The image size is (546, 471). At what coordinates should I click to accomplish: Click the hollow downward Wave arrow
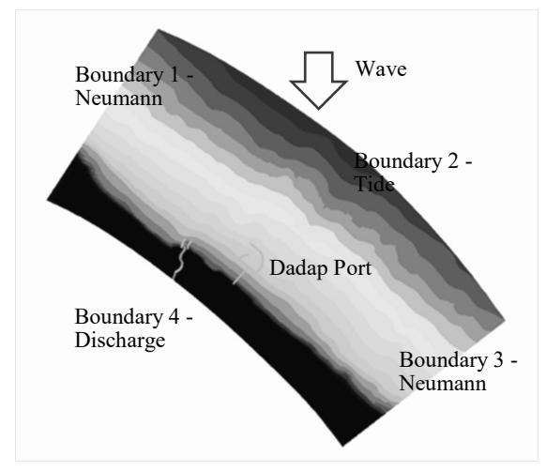click(x=319, y=80)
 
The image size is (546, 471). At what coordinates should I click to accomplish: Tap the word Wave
click(x=381, y=68)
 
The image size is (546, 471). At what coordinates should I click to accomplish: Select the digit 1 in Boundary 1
click(x=175, y=74)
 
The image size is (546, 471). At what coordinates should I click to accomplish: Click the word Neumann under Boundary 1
click(x=119, y=98)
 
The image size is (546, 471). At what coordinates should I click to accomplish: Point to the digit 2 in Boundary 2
click(x=453, y=161)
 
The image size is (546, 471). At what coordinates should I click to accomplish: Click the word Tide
click(x=374, y=184)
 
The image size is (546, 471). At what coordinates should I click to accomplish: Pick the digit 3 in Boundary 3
click(x=498, y=360)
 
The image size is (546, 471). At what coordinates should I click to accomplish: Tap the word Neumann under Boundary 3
click(x=443, y=383)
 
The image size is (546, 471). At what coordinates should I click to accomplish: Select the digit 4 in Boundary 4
click(x=174, y=317)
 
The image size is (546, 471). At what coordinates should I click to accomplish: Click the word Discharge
click(x=120, y=341)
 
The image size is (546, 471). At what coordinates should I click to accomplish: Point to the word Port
click(x=352, y=268)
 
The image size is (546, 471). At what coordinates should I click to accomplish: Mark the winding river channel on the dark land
click(x=181, y=259)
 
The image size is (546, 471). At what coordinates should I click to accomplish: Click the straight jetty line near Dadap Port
click(x=239, y=278)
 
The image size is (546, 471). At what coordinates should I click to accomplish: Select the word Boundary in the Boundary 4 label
click(x=119, y=318)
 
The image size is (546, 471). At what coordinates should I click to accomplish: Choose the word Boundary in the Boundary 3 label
click(x=444, y=360)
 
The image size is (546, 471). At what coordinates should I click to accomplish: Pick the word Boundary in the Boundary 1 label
click(x=119, y=75)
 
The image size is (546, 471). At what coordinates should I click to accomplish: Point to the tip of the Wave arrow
click(x=318, y=109)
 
